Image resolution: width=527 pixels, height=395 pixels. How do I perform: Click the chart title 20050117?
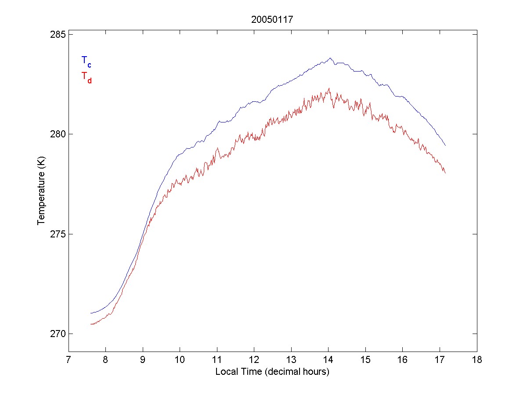272,20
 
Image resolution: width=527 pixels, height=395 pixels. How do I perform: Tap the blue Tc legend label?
86,61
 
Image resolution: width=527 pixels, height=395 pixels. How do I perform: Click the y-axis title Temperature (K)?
41,193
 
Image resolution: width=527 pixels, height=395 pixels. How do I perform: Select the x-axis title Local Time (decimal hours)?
272,372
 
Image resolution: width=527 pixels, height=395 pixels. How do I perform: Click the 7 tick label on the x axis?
69,360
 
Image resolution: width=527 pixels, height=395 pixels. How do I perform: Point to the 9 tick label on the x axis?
143,360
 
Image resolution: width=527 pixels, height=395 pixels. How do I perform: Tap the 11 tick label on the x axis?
217,360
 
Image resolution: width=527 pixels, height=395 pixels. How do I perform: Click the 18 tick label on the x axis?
477,360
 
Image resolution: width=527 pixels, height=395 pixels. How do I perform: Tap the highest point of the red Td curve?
329,88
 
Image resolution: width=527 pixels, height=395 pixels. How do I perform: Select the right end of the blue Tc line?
445,145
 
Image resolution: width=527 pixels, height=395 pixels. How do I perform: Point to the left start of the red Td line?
91,324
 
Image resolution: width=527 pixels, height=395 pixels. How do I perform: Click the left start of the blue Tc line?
90,313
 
